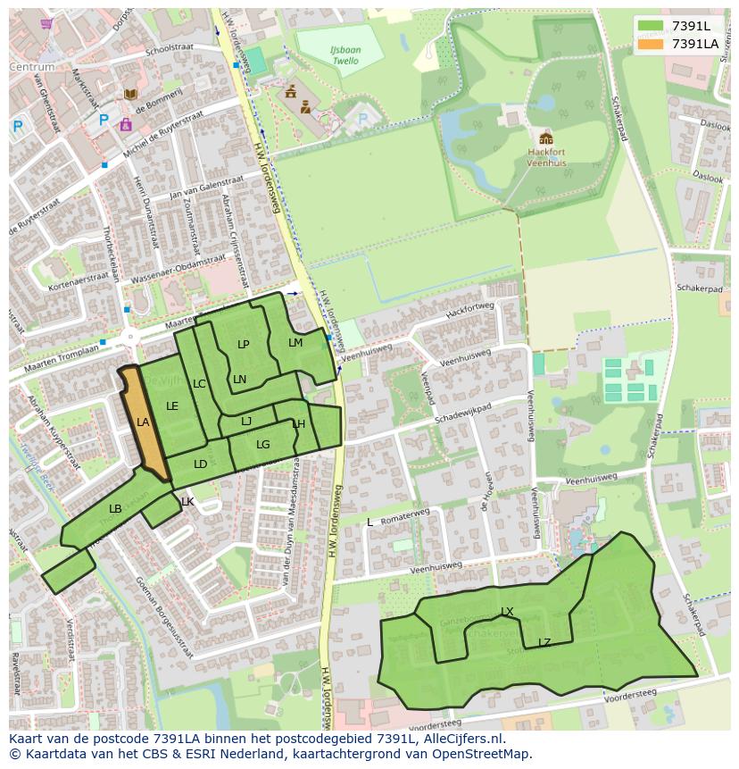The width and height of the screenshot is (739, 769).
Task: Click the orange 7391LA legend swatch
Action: click(x=651, y=43)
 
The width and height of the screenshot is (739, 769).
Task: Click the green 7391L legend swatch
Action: click(x=651, y=26)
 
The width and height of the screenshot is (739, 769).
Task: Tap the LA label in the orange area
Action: click(x=143, y=422)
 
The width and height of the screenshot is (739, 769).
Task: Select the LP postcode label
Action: click(x=243, y=345)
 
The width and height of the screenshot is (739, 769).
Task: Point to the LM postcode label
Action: click(x=295, y=343)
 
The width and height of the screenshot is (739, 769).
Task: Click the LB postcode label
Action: click(x=115, y=509)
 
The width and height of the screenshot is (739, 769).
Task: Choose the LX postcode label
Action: click(x=507, y=612)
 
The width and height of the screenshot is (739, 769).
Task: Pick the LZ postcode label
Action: click(x=544, y=642)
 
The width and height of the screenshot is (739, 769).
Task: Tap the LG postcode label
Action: click(x=262, y=445)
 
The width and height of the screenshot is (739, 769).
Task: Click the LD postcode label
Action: click(x=200, y=464)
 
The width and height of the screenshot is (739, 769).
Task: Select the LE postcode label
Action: click(x=172, y=406)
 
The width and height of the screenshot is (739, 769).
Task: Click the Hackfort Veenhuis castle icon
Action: click(x=545, y=138)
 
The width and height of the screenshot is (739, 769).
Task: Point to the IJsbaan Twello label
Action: click(x=345, y=56)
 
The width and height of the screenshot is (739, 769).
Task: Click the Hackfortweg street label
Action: click(x=469, y=309)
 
